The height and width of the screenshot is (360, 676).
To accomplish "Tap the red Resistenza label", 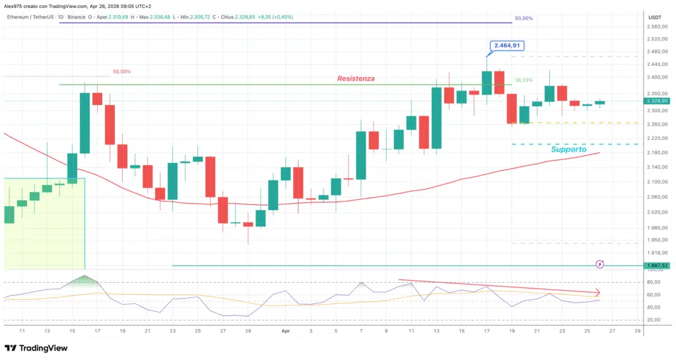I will (x=355, y=79).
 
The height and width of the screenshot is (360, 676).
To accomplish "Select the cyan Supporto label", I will (x=568, y=150).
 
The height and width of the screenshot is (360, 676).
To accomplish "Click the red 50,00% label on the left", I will (x=121, y=71).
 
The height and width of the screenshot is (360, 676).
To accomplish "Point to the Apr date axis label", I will (x=287, y=330).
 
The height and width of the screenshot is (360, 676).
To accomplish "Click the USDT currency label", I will (x=655, y=17).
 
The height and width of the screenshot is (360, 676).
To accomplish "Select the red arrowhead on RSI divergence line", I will (x=597, y=292).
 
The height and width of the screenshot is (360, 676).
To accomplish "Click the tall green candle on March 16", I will (x=84, y=123).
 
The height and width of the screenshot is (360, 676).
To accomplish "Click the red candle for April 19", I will (x=512, y=108).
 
